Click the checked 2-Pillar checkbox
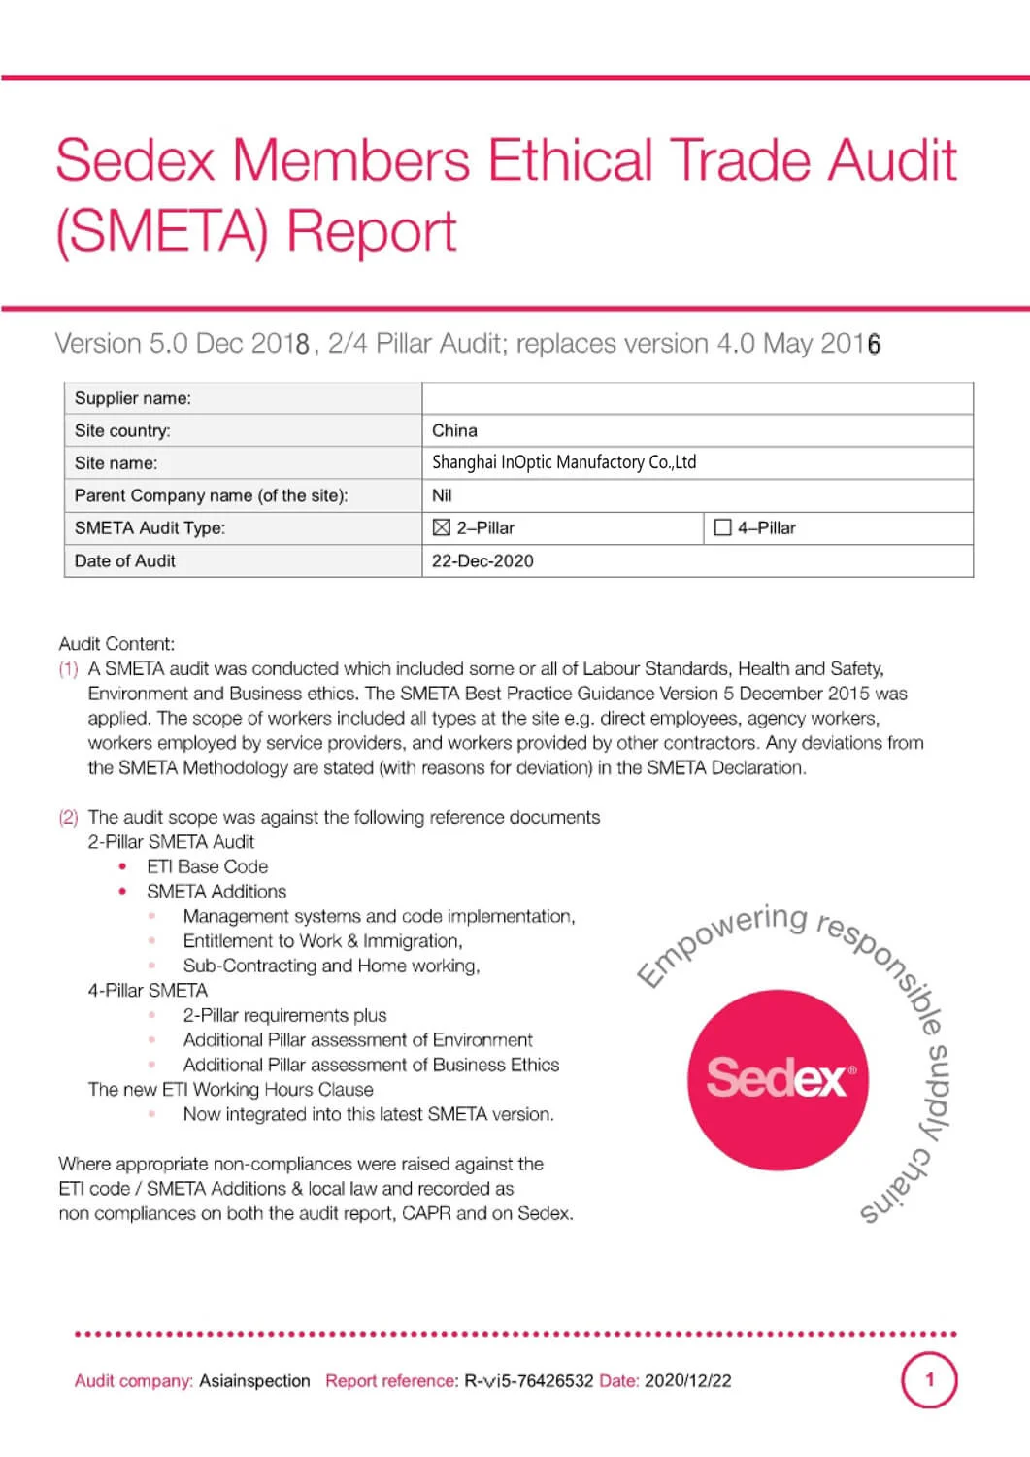442,527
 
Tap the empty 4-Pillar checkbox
722,527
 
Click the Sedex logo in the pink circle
778,1079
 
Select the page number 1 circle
929,1379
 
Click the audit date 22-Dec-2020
482,560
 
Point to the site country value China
454,430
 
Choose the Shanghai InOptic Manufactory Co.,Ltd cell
564,462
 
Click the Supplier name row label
133,398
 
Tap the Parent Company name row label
211,495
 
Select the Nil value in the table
442,495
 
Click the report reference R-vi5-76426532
528,1380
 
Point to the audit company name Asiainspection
254,1380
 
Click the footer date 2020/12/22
687,1380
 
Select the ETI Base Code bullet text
207,866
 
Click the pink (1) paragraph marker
68,668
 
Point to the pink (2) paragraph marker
68,817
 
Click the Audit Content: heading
116,643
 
